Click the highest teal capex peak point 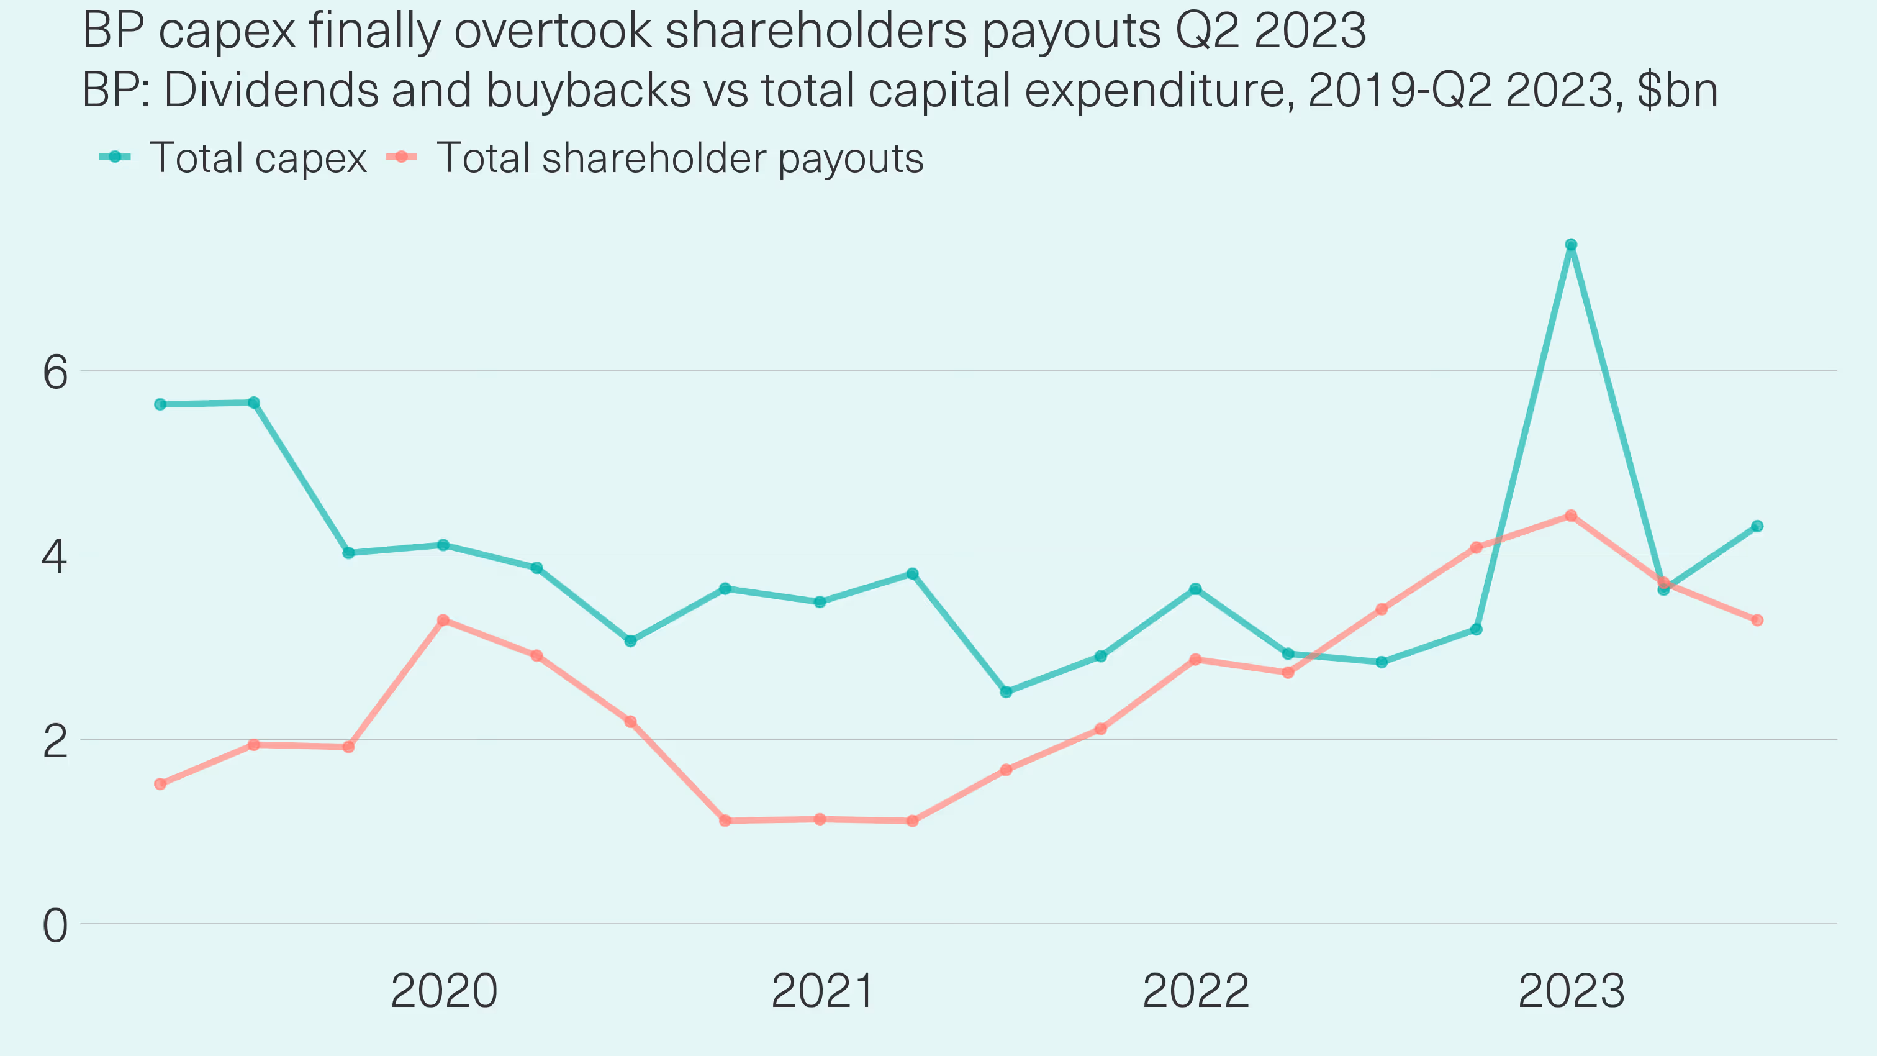click(x=1571, y=245)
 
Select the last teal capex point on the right click(x=1757, y=526)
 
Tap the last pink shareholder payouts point click(x=1757, y=620)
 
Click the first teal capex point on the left click(x=160, y=404)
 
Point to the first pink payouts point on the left click(x=160, y=784)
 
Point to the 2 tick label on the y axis click(x=55, y=742)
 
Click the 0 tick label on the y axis click(x=55, y=926)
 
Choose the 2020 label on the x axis click(x=444, y=991)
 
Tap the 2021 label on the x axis click(x=822, y=991)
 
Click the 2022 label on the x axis click(x=1196, y=991)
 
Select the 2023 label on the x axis click(x=1572, y=991)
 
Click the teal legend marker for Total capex click(x=115, y=157)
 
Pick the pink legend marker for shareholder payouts click(x=402, y=157)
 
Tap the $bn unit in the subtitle click(x=1678, y=90)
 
